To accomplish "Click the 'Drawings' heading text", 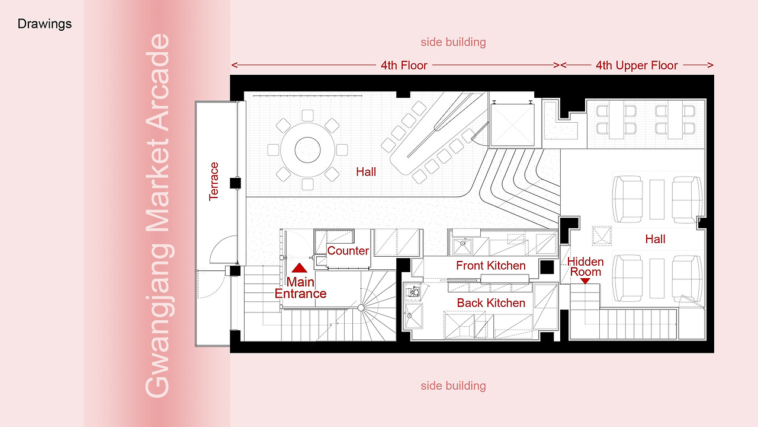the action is (44, 24).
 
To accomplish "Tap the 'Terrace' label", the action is (214, 181).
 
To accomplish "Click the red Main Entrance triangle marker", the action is (299, 267).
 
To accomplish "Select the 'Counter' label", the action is (348, 251).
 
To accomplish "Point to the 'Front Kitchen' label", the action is (491, 265).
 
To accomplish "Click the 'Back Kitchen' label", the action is (491, 302).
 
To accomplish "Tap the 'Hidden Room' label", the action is (586, 267).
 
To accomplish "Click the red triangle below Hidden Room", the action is (585, 281).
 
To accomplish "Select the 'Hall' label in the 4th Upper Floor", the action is (655, 239).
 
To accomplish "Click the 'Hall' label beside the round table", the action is (366, 172).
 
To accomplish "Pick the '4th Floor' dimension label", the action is (404, 65).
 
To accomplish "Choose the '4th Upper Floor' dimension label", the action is (637, 65).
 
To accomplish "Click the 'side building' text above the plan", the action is (453, 42).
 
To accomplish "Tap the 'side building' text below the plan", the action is (453, 385).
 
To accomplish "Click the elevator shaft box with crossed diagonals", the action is (512, 125).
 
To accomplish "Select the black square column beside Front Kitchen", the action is (547, 267).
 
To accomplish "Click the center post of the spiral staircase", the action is (361, 308).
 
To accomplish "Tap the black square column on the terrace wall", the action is (235, 183).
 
